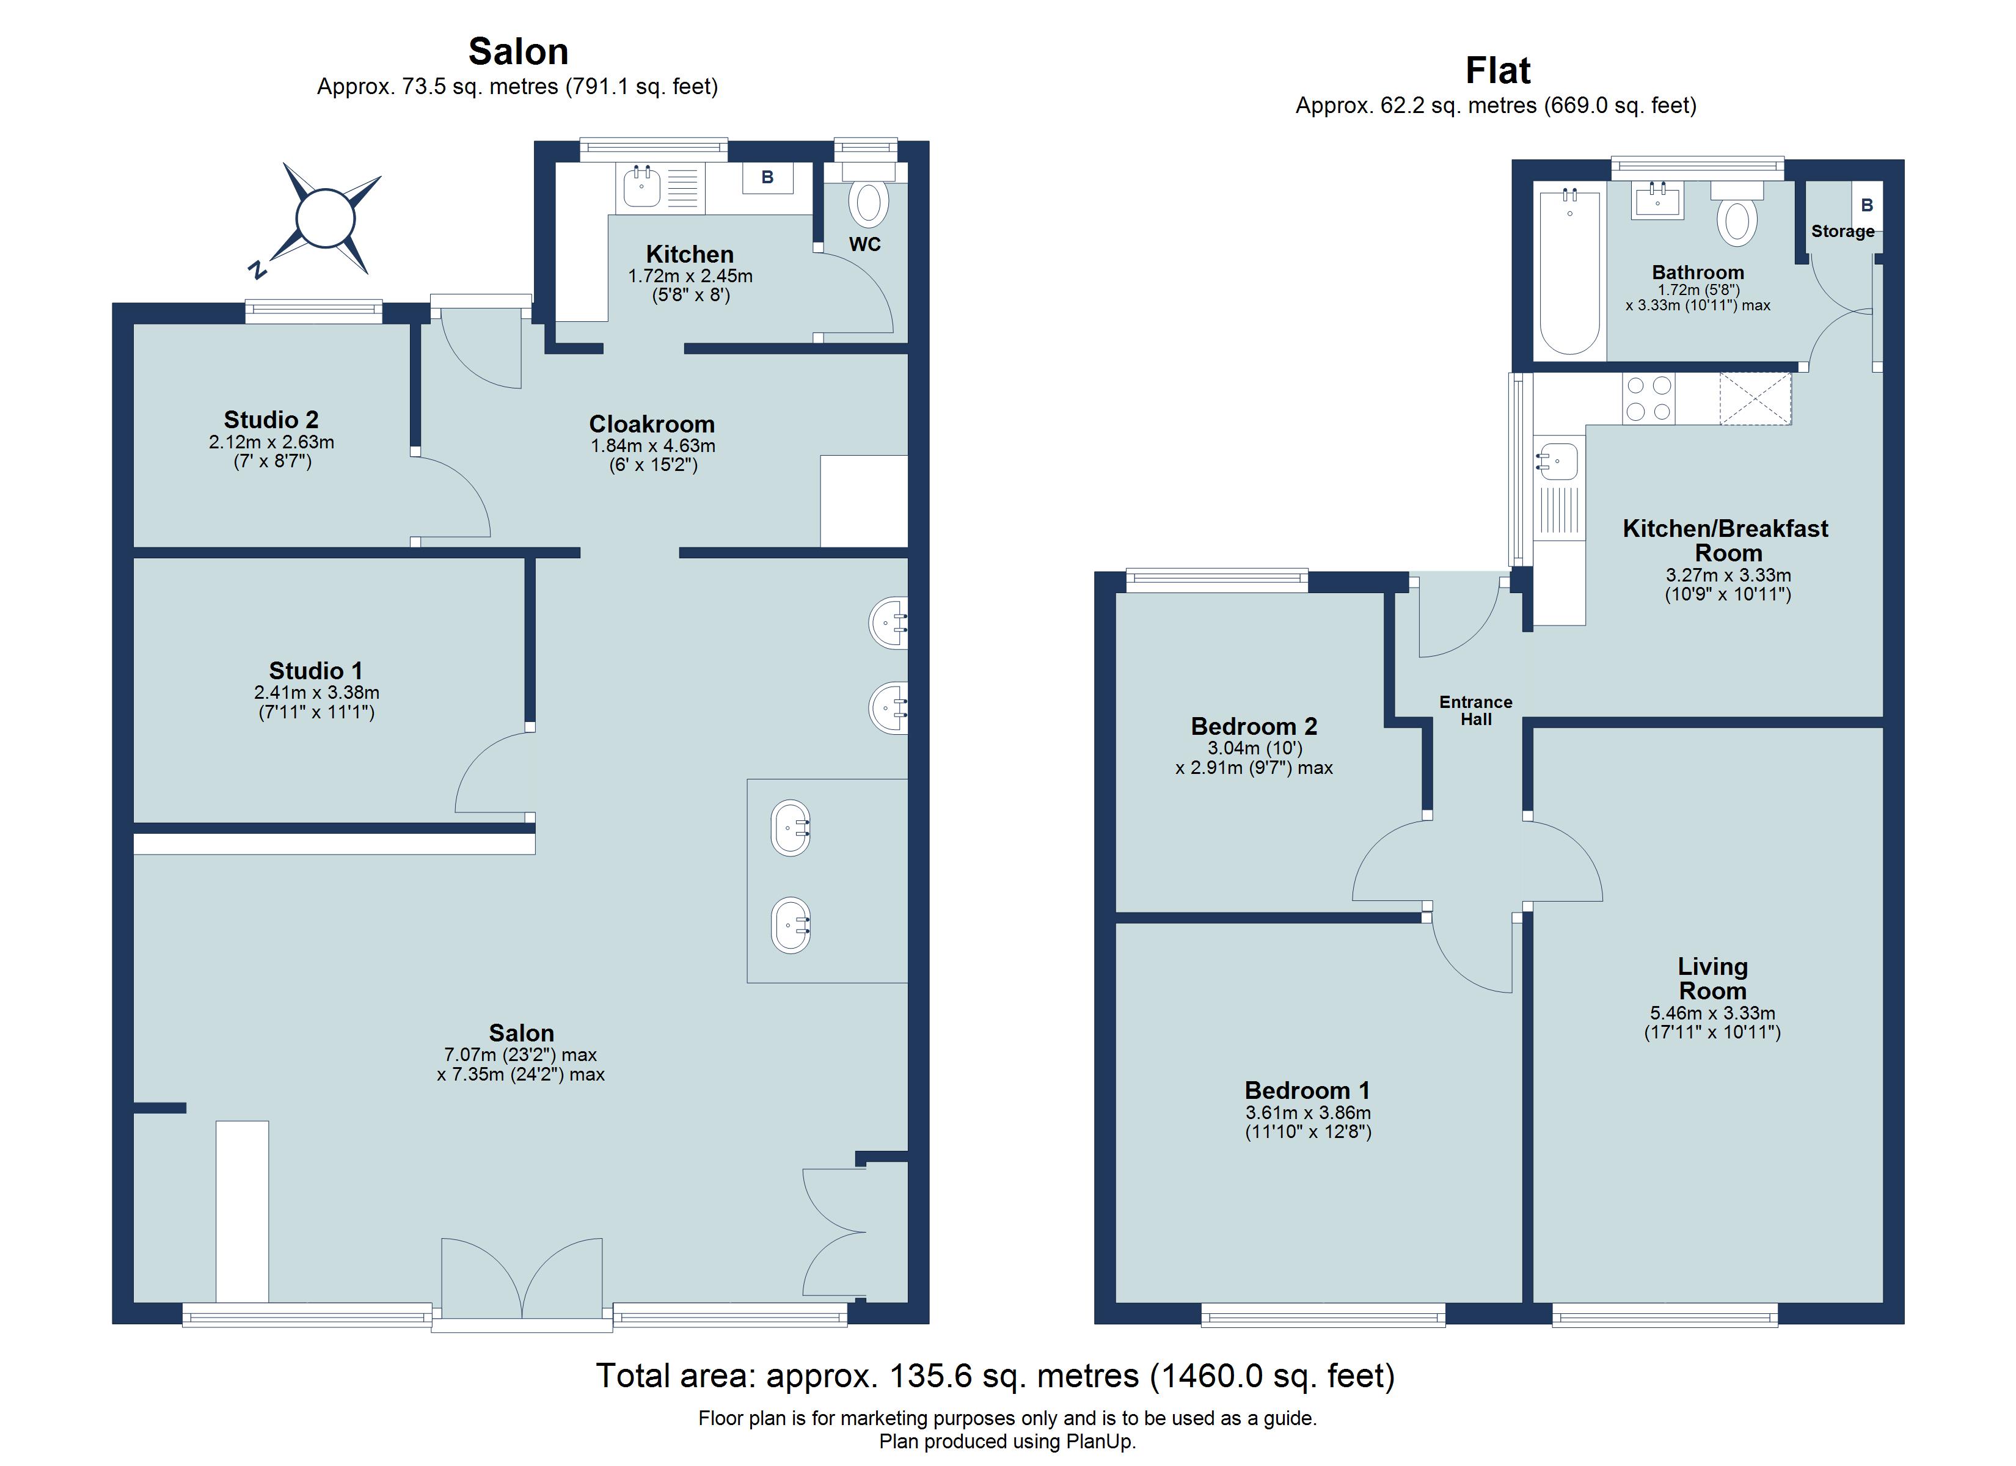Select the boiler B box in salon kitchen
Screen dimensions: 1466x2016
tap(767, 178)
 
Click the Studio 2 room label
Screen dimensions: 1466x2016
tap(271, 420)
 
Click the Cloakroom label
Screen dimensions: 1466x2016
tap(652, 424)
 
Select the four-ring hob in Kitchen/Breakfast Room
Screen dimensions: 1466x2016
tap(1648, 398)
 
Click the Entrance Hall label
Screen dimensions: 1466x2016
tap(1475, 710)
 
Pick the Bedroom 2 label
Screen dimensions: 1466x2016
tap(1254, 726)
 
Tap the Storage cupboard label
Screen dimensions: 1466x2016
tap(1843, 231)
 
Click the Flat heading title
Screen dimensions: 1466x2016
tap(1498, 70)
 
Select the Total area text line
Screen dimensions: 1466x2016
tap(995, 1376)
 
